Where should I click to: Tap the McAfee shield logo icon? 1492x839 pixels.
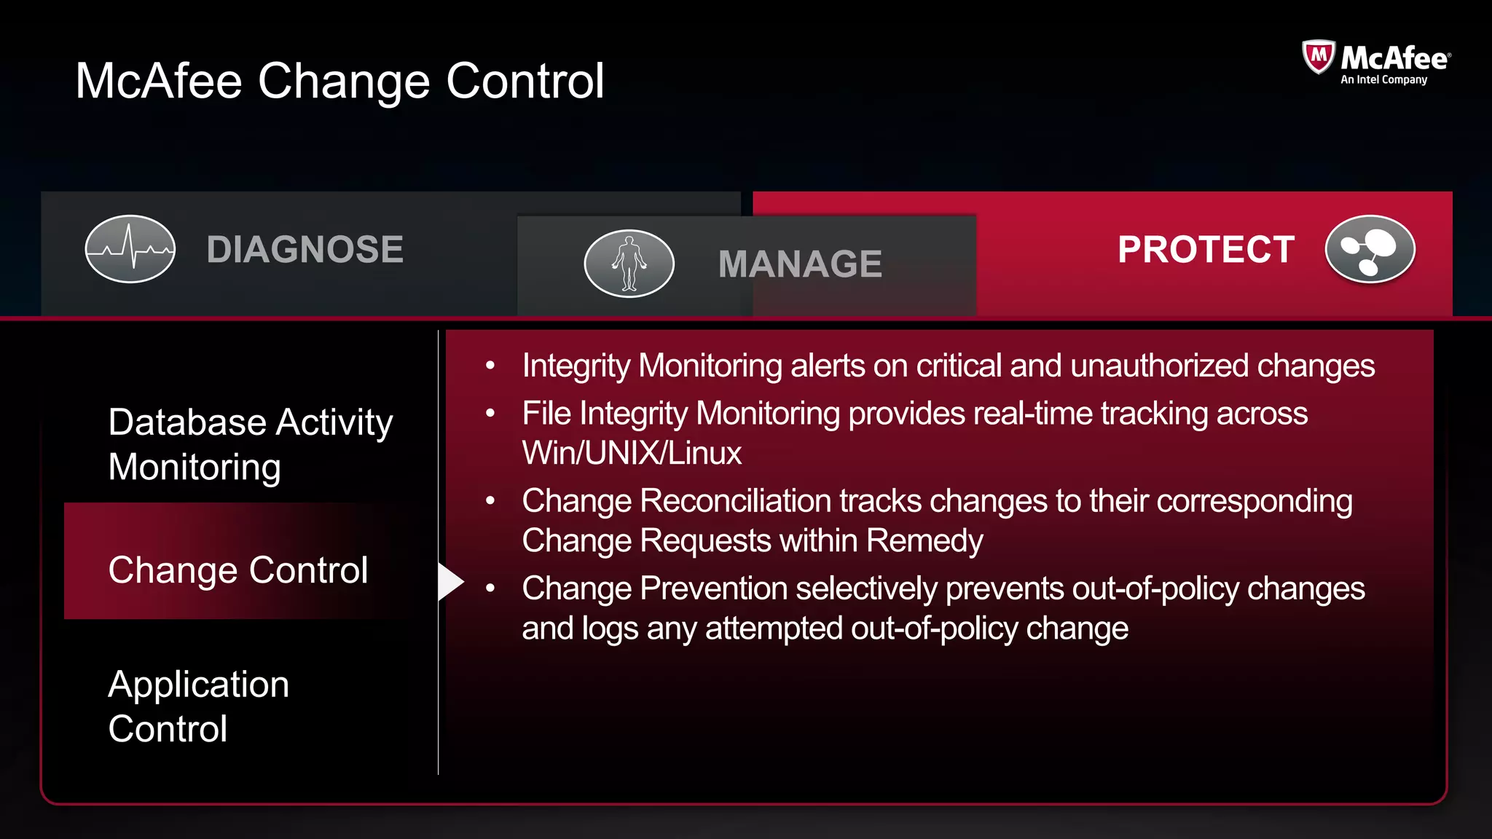click(x=1318, y=57)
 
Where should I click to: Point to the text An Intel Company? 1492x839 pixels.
click(x=1383, y=80)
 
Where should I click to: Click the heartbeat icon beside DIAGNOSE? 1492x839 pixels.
click(x=130, y=249)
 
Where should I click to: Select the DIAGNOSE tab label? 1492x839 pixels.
click(x=305, y=249)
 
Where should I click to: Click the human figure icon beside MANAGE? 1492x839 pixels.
click(x=629, y=264)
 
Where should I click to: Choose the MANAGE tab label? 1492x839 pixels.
click(x=800, y=264)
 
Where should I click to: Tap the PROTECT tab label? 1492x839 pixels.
click(x=1206, y=250)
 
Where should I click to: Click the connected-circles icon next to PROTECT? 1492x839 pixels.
click(x=1370, y=249)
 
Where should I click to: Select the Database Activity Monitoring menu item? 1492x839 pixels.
click(x=250, y=444)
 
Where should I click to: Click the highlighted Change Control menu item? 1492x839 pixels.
click(x=237, y=570)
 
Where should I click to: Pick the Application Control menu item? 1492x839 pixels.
click(x=198, y=706)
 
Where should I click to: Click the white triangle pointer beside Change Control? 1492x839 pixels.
click(x=450, y=581)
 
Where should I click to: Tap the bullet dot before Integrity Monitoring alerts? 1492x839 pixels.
click(x=490, y=366)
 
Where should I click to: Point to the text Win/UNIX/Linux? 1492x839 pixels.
click(x=632, y=453)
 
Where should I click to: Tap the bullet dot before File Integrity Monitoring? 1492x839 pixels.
click(x=490, y=414)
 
